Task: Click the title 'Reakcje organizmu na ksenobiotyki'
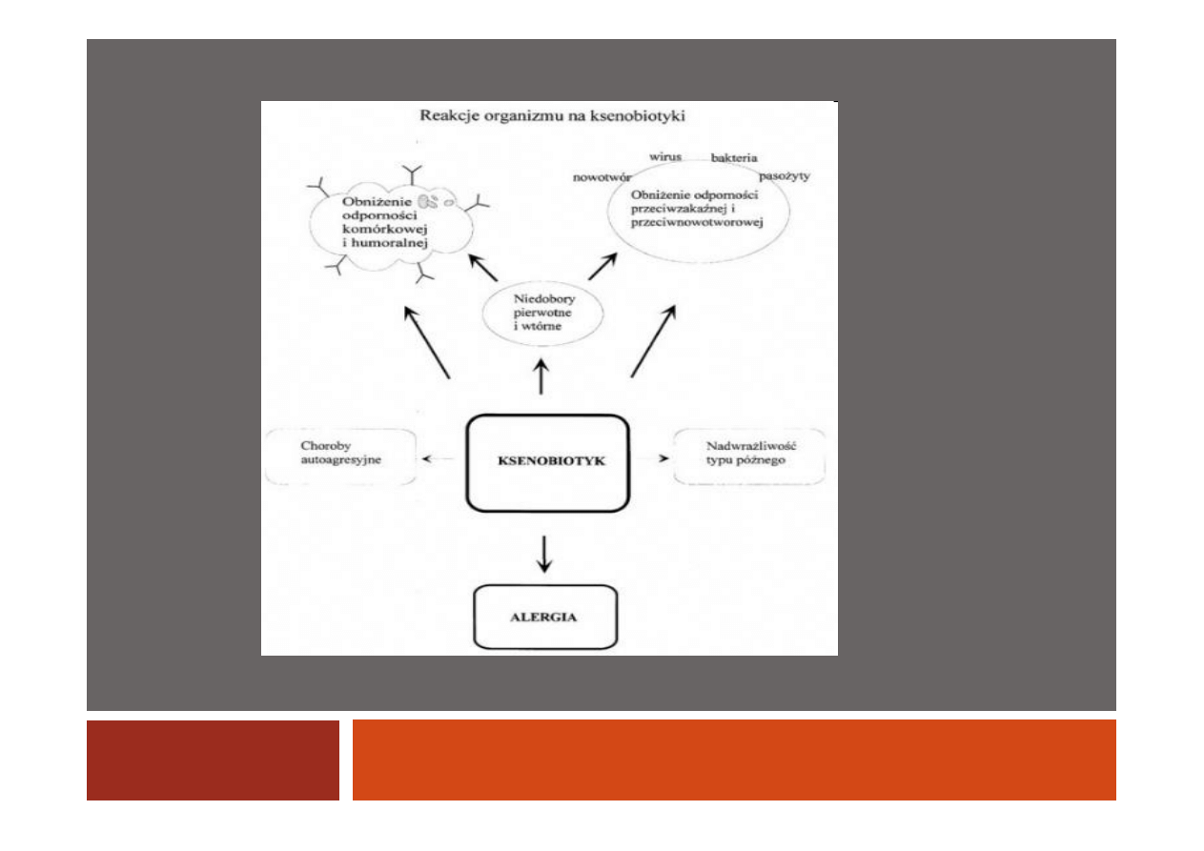click(553, 117)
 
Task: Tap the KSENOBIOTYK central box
click(547, 462)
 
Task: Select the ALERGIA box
click(545, 617)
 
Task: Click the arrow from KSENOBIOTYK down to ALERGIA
click(544, 554)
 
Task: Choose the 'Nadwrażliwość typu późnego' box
click(748, 456)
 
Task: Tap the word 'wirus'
click(665, 155)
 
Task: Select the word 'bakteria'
click(734, 158)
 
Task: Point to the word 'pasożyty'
click(785, 176)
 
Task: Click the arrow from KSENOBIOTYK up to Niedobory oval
click(543, 376)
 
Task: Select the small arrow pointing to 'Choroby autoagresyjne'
click(439, 458)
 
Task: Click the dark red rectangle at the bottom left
click(213, 760)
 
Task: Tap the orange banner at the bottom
click(734, 760)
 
